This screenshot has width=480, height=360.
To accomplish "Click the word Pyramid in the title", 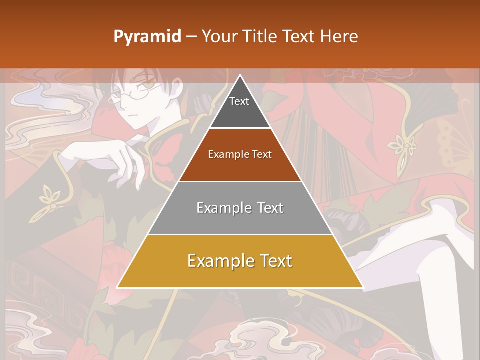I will coord(147,37).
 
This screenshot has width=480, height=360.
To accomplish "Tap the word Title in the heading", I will coord(260,36).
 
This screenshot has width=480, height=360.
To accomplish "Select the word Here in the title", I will coord(339,36).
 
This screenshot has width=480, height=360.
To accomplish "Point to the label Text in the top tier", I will coord(239,101).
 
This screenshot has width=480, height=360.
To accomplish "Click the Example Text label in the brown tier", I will coord(240,154).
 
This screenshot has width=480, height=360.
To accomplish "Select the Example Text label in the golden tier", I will coord(240,261).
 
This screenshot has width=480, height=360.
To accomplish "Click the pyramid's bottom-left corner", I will coord(118,287).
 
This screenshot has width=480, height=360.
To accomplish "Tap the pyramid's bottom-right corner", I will coord(362,287).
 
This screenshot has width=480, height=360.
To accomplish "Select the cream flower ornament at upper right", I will coord(403,145).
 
